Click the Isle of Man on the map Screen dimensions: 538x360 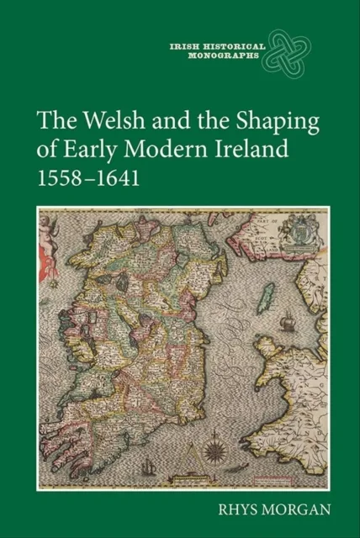268,294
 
